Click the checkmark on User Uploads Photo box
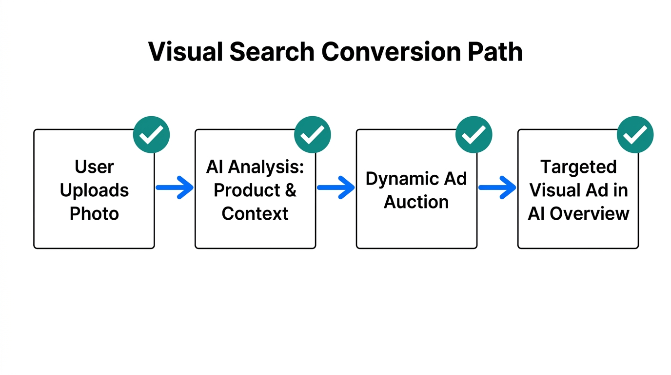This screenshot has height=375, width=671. click(x=151, y=135)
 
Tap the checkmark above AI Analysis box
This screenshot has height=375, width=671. click(x=313, y=135)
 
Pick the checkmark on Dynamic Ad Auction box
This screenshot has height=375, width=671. click(x=474, y=135)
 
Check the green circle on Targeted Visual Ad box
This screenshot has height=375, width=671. click(x=635, y=135)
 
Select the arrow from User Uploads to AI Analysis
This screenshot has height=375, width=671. click(x=175, y=187)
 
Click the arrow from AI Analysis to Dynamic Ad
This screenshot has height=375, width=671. click(x=336, y=187)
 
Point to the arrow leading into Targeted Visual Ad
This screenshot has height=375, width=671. click(x=497, y=187)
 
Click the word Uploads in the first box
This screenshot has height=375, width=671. click(x=94, y=190)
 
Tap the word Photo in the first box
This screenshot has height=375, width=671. click(x=94, y=213)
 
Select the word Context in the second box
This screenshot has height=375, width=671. click(x=255, y=213)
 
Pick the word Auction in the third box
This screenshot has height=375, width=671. click(x=416, y=202)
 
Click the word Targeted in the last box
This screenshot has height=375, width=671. click(x=578, y=167)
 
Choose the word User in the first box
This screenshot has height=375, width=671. click(x=94, y=167)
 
